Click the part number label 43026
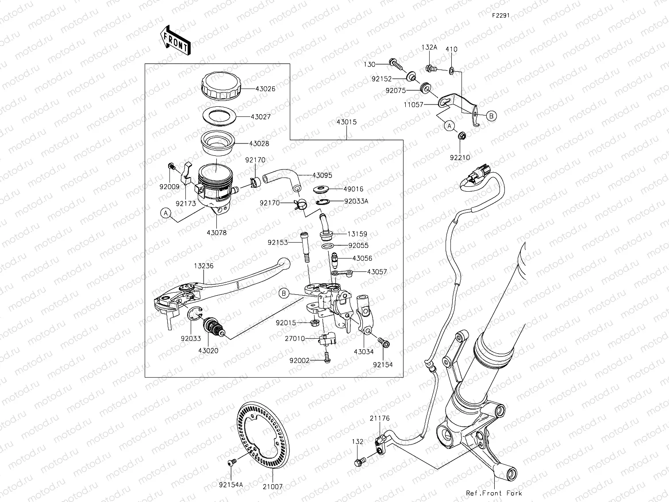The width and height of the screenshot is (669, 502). click(x=265, y=89)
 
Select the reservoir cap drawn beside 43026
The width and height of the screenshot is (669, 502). click(x=220, y=87)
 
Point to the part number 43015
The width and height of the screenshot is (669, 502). click(x=346, y=122)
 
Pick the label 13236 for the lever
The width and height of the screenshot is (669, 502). click(x=204, y=266)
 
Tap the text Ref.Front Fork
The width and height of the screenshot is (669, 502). click(x=494, y=493)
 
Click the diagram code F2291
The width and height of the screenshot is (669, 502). click(x=500, y=15)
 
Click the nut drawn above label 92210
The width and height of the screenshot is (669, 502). click(x=460, y=135)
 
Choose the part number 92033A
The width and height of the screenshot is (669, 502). click(x=356, y=201)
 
